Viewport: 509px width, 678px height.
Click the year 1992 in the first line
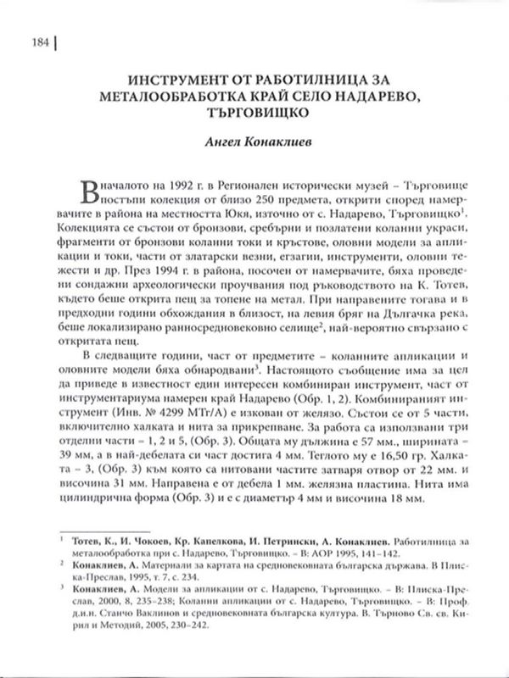pyautogui.click(x=180, y=185)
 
